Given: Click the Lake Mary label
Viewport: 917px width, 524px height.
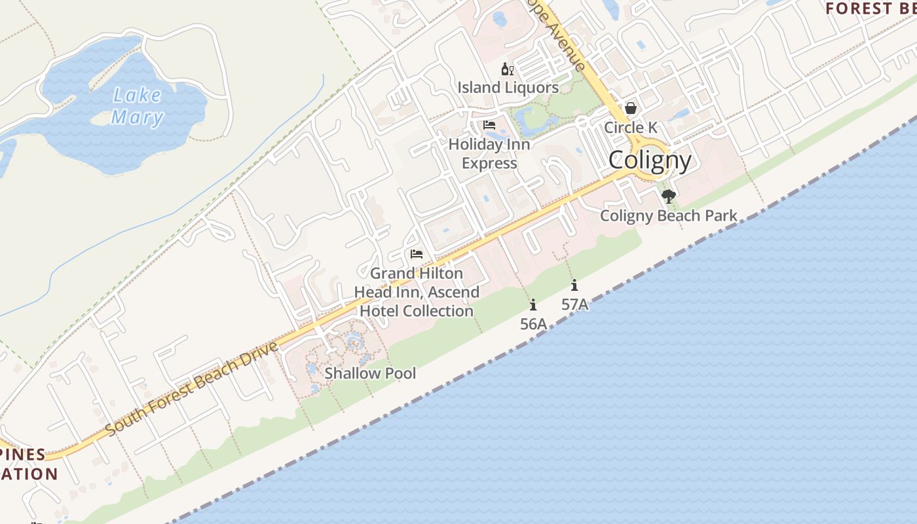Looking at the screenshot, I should coord(137,106).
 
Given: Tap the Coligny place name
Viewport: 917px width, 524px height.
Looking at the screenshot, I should coord(650,160).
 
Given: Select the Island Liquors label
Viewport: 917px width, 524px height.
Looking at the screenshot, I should coord(508,88).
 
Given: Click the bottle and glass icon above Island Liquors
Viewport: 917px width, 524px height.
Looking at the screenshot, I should coord(507,69).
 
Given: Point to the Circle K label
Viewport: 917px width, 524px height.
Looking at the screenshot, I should coord(630,127).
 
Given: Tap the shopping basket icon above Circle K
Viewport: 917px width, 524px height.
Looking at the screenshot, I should coord(630,108).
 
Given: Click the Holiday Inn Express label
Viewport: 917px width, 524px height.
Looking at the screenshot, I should coord(489,153).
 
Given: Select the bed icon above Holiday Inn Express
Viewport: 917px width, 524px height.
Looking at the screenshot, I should coord(489,125).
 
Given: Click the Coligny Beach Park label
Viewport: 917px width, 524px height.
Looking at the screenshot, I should coord(669,215).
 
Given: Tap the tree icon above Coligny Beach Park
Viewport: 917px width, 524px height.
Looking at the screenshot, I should coord(668,196).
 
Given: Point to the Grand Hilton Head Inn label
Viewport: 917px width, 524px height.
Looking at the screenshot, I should coord(417,292).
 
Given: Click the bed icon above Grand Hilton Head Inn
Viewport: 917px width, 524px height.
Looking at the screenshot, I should coord(416,254).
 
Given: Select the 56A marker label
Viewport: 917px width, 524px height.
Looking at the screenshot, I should coord(533,324).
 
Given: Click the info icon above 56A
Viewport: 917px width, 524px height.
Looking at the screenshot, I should coord(533,305).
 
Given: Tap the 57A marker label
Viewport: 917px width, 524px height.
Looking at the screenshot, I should coord(574,304).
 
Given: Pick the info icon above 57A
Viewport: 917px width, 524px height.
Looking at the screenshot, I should coord(574,285).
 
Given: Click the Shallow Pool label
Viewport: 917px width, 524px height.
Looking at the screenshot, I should coord(370,373).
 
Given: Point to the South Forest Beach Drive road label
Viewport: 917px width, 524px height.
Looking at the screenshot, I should coord(191,388).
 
